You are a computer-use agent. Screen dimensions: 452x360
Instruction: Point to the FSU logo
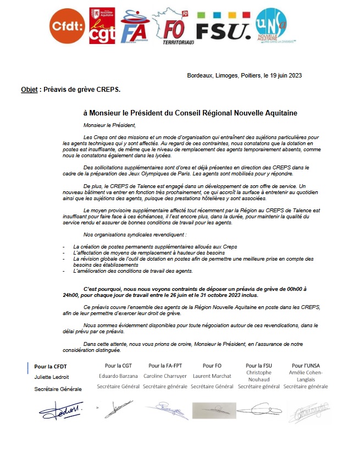224,26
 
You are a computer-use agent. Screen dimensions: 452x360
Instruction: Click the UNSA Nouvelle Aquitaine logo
272,25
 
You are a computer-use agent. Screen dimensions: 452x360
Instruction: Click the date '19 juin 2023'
283,75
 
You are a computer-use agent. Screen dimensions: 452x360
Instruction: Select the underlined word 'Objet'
29,89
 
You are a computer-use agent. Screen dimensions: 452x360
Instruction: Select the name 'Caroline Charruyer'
165,376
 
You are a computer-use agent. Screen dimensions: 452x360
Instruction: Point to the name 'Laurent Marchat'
212,376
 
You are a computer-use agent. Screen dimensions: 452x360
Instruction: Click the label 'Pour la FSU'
258,365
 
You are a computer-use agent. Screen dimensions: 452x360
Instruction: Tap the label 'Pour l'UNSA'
306,365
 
